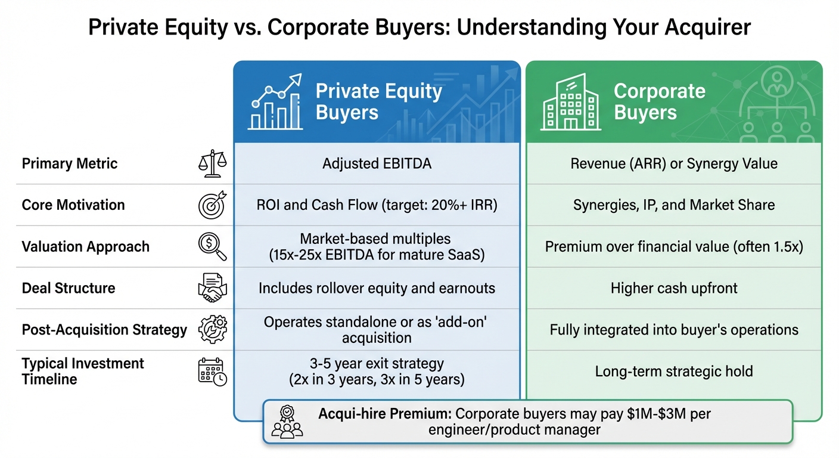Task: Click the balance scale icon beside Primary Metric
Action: (212, 164)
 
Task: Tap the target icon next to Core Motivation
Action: (212, 205)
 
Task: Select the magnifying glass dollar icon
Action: (213, 247)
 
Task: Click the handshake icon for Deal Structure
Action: (212, 289)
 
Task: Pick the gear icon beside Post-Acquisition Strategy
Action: (212, 330)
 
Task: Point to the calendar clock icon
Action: (212, 372)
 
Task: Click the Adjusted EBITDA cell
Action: (377, 163)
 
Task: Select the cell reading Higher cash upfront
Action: (674, 289)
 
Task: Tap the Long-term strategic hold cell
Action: (674, 372)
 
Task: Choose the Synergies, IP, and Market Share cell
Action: (674, 205)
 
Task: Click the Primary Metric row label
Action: (70, 164)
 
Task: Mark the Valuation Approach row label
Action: (86, 247)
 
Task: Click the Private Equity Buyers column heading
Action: (378, 102)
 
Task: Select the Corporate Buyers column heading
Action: (659, 102)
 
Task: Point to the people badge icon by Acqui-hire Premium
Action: (287, 422)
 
